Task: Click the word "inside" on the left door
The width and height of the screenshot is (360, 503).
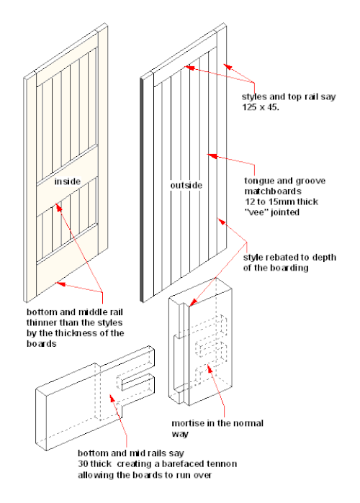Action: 68,181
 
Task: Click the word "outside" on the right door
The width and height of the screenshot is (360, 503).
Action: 186,186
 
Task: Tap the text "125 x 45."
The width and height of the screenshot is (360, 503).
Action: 261,107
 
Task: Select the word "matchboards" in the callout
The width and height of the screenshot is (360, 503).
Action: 273,191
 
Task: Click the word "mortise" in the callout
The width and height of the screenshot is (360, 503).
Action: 189,423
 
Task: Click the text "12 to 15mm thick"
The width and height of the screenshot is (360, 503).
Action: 282,201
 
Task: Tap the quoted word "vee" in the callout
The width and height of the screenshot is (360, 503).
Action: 256,212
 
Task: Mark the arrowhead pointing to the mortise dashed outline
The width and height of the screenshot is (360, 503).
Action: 209,368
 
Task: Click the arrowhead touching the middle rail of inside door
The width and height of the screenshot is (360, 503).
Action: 58,207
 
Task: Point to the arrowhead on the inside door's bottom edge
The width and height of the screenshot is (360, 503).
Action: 60,284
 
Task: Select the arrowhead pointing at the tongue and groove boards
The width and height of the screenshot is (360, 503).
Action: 212,156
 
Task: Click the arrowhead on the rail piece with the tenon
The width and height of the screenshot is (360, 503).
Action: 112,399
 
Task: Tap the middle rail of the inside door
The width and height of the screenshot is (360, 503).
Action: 68,179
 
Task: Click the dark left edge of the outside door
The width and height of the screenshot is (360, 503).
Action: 142,190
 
